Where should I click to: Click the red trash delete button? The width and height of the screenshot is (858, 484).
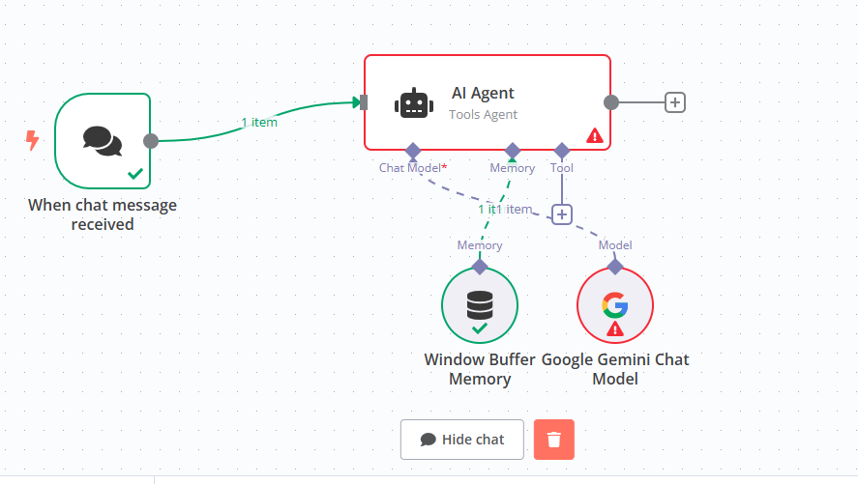pyautogui.click(x=553, y=440)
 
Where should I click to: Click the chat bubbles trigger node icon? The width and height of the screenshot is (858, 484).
pyautogui.click(x=103, y=141)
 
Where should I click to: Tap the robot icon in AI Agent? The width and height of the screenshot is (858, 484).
pyautogui.click(x=413, y=103)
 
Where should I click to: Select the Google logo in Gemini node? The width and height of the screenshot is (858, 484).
pyautogui.click(x=614, y=305)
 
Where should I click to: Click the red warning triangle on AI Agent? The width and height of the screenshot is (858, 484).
pyautogui.click(x=595, y=136)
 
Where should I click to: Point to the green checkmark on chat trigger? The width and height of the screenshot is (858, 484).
pyautogui.click(x=136, y=175)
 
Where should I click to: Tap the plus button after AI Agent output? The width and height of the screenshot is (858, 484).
pyautogui.click(x=675, y=102)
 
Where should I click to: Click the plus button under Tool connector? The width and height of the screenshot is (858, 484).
pyautogui.click(x=562, y=214)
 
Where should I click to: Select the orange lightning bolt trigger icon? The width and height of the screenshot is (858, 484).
pyautogui.click(x=33, y=142)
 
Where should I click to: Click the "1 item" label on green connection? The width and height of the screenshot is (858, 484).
pyautogui.click(x=258, y=122)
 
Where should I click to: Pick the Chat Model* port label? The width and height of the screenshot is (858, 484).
pyautogui.click(x=412, y=168)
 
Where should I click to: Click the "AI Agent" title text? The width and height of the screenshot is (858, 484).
pyautogui.click(x=483, y=93)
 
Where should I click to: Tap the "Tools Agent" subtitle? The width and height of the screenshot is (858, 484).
pyautogui.click(x=483, y=114)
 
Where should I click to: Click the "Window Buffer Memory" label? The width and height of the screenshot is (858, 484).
pyautogui.click(x=479, y=369)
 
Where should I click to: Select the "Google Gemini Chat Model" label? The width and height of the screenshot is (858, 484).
pyautogui.click(x=615, y=369)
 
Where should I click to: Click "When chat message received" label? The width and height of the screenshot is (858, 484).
pyautogui.click(x=103, y=214)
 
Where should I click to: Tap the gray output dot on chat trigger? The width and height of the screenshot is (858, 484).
pyautogui.click(x=151, y=141)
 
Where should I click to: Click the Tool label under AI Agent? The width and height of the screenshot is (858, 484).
pyautogui.click(x=562, y=168)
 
